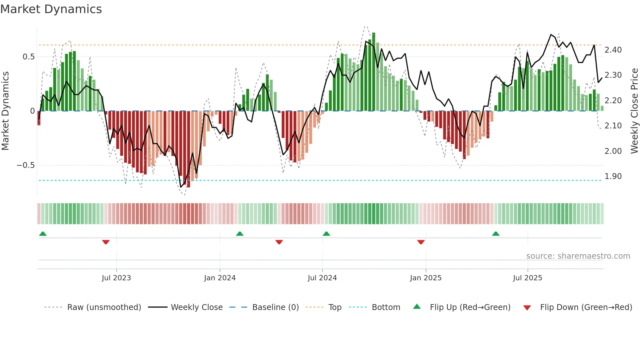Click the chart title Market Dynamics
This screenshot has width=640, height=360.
51,9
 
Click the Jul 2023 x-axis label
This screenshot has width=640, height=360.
116,278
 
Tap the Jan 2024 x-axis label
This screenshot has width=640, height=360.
220,278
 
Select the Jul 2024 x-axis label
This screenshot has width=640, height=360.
322,278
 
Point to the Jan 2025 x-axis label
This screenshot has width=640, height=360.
425,278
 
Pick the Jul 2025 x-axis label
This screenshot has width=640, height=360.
527,278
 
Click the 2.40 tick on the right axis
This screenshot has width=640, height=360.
613,50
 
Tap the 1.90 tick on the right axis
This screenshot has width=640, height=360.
613,176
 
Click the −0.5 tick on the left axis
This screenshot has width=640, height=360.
25,165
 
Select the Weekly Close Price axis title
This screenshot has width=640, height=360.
634,111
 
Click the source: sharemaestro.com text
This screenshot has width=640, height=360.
578,256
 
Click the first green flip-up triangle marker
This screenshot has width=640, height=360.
43,234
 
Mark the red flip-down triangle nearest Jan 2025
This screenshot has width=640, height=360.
421,242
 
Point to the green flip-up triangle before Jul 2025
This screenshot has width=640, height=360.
496,234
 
